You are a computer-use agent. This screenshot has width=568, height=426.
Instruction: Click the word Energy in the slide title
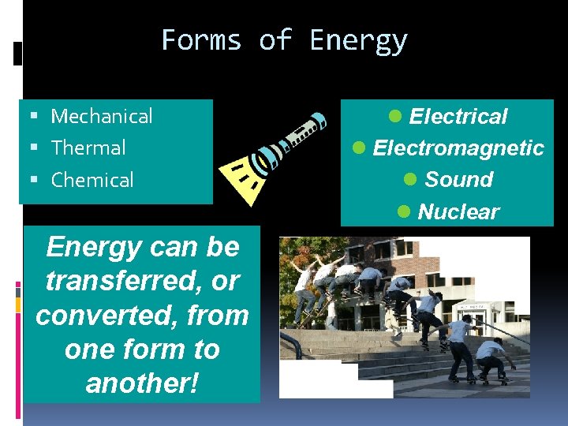(x=359, y=39)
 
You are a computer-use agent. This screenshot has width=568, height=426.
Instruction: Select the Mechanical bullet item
(x=101, y=117)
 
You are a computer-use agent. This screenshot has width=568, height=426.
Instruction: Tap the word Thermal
(x=88, y=148)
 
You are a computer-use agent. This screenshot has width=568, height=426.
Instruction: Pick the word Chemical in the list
(x=92, y=180)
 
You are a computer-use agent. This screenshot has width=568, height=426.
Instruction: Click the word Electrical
(x=458, y=117)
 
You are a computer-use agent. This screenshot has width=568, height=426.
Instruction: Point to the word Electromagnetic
(x=458, y=148)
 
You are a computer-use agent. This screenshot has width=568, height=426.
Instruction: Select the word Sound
(x=458, y=180)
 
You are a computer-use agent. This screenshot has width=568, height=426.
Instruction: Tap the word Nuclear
(x=458, y=211)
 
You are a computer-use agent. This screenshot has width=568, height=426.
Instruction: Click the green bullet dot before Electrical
(x=396, y=116)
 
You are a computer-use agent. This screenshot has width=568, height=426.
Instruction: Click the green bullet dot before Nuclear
(x=404, y=211)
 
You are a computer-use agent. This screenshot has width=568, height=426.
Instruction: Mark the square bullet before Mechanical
(x=34, y=117)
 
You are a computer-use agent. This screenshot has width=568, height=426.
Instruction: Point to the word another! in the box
(x=142, y=383)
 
